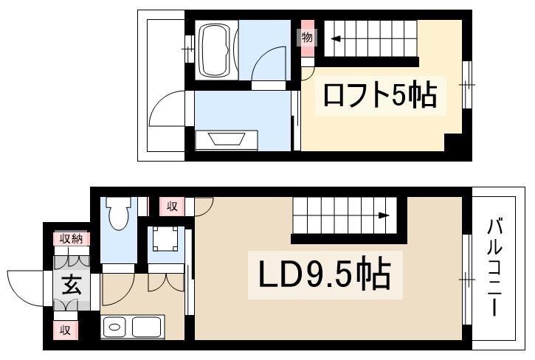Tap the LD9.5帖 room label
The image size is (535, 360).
point(325,274)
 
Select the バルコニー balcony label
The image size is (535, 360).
point(494,268)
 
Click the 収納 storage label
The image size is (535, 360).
point(72,239)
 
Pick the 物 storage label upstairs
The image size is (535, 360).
point(307,37)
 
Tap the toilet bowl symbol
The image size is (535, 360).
point(118,213)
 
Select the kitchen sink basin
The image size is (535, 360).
point(114,327)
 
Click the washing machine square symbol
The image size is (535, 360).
point(165,238)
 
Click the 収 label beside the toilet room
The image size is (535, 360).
point(172,206)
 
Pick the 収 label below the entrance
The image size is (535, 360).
point(65,330)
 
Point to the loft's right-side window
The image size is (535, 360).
point(467,85)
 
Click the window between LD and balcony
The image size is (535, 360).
point(467,280)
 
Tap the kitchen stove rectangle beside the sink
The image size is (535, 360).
point(146,327)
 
